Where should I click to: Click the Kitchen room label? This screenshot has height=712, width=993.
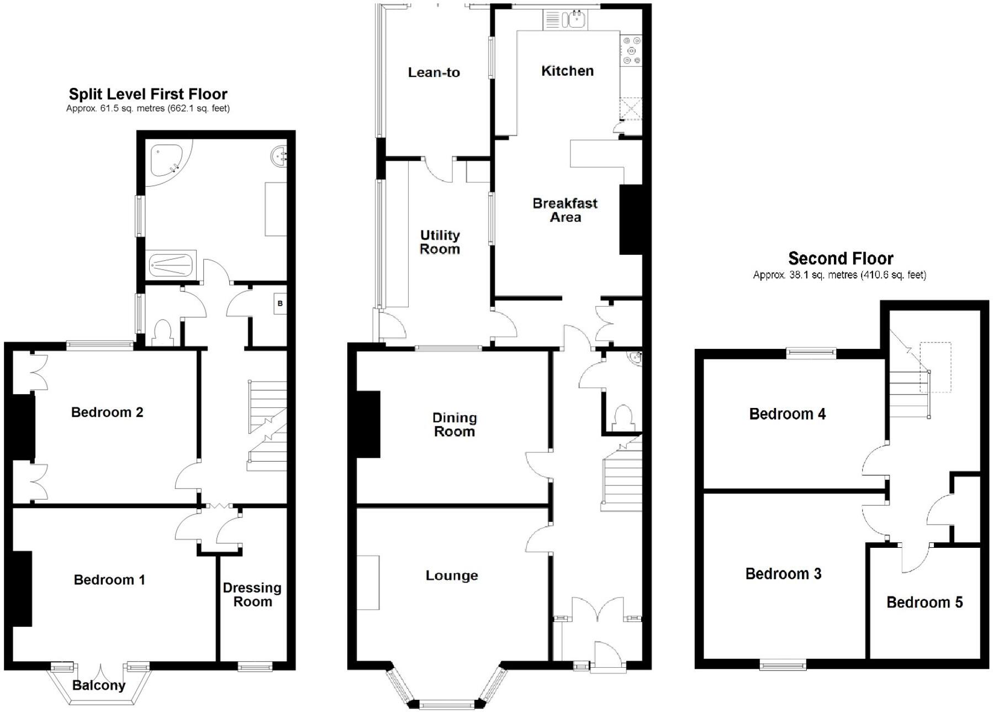(567, 71)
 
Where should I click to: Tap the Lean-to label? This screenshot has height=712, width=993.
(434, 72)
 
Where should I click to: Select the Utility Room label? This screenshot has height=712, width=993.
(440, 242)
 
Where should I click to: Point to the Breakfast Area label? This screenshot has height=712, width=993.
(565, 210)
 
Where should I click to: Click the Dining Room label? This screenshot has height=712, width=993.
(455, 425)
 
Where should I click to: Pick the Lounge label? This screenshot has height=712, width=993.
(452, 575)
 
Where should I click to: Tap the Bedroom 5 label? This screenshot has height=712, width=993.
(925, 602)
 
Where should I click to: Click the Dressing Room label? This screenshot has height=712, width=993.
(252, 595)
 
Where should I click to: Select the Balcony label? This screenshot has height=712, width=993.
(99, 685)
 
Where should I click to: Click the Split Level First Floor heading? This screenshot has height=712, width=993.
(148, 94)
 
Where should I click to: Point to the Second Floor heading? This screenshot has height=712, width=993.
(841, 258)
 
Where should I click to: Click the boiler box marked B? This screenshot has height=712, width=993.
(280, 303)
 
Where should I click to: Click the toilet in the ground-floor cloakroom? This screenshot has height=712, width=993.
(623, 417)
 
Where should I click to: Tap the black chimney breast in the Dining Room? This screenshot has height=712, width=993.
(368, 424)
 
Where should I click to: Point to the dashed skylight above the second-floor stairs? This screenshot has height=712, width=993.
(935, 367)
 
